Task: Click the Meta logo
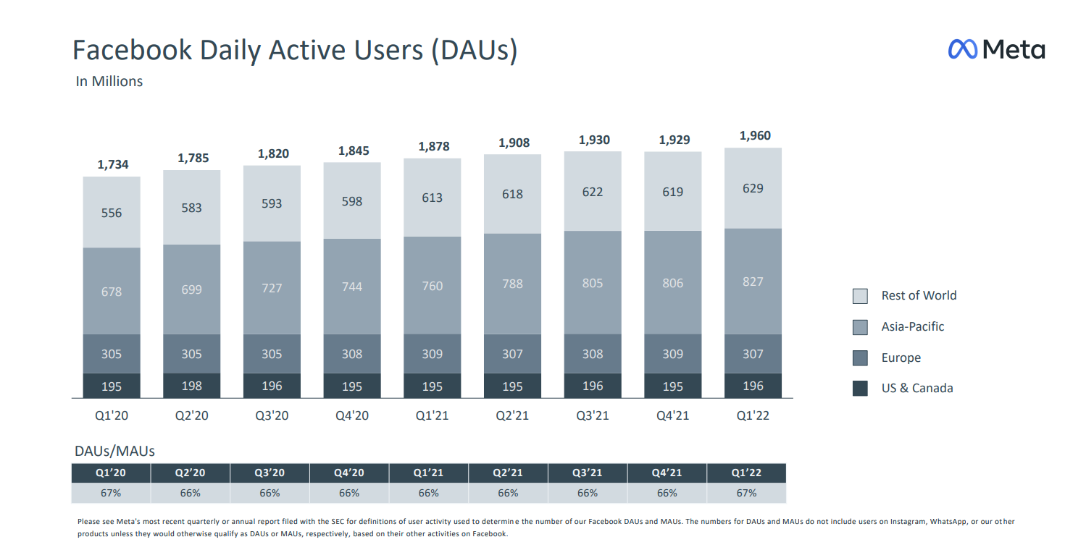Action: click(x=996, y=49)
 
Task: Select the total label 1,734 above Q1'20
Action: click(x=113, y=164)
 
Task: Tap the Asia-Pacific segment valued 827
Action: click(x=753, y=282)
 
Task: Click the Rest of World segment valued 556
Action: click(x=112, y=213)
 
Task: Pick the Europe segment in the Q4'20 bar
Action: click(x=352, y=354)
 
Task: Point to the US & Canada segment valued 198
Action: click(x=192, y=386)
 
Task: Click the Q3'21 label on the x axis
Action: click(x=593, y=416)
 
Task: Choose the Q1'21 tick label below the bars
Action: click(x=432, y=416)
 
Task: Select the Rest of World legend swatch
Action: click(x=860, y=296)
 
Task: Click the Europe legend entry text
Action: click(x=901, y=357)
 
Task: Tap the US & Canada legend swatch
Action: click(x=860, y=389)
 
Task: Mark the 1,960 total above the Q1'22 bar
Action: click(x=755, y=135)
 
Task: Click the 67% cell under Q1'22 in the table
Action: click(x=746, y=493)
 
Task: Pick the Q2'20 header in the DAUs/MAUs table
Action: click(x=190, y=473)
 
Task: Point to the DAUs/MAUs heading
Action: click(x=114, y=451)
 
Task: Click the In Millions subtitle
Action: click(x=109, y=81)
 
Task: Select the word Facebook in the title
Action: click(x=133, y=50)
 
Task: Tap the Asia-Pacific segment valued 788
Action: click(x=512, y=284)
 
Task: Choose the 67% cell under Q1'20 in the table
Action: click(x=111, y=493)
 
